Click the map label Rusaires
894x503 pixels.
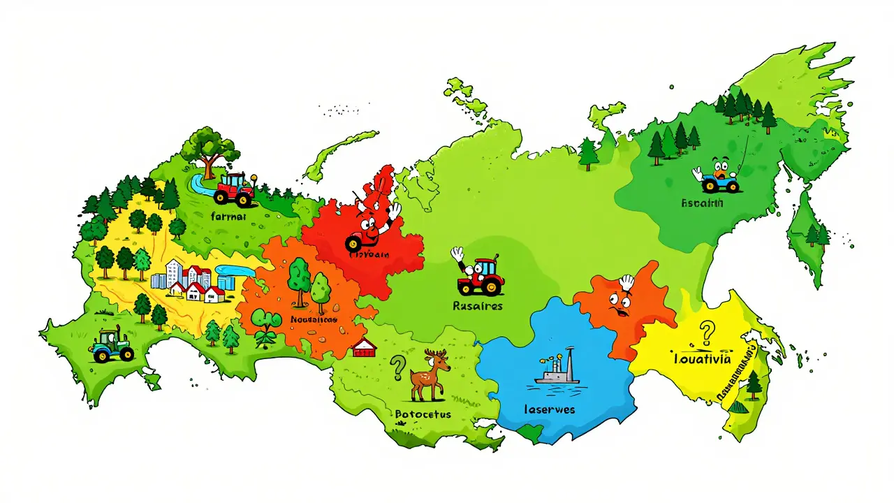coord(478,305)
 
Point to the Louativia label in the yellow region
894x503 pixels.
coord(702,359)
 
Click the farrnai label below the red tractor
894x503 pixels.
coord(228,217)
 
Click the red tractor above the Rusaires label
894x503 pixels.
coord(481,276)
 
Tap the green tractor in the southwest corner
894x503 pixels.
coord(112,346)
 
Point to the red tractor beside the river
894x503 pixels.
coord(234,189)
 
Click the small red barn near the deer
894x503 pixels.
coord(365,347)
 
